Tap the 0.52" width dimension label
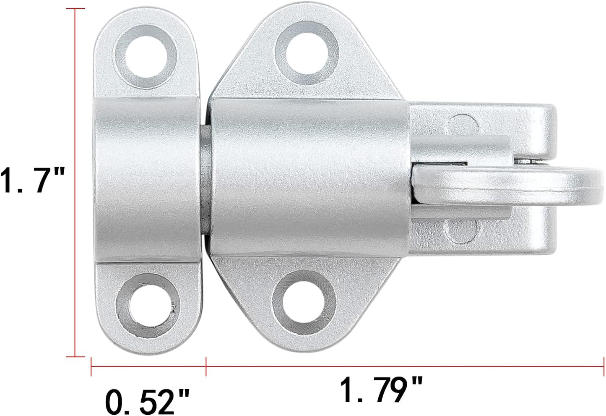[x=147, y=402]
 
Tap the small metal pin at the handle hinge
[x=523, y=161]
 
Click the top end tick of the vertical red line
[x=75, y=8]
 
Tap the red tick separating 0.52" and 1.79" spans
[x=206, y=367]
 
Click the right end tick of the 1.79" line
[x=603, y=367]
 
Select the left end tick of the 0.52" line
[x=91, y=367]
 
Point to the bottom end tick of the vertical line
[x=75, y=356]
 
